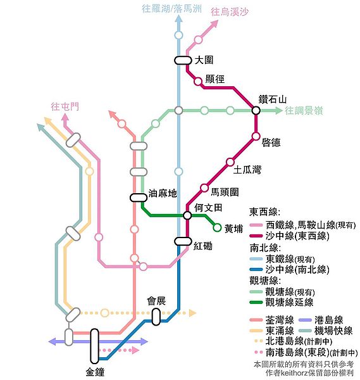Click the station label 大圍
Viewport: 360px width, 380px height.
tap(204, 60)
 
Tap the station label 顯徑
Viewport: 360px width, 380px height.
tap(216, 80)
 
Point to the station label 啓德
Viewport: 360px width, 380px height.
tap(271, 142)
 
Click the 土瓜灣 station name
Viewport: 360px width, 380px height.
tap(247, 169)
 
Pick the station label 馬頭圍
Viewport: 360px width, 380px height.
tap(224, 191)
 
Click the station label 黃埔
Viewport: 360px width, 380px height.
tap(233, 229)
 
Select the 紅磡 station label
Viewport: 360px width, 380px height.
tap(203, 245)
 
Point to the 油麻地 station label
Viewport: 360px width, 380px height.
tap(163, 193)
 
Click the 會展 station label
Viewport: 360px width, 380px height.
tap(156, 301)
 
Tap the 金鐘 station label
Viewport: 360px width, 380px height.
tap(96, 370)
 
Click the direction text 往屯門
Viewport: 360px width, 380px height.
tap(66, 106)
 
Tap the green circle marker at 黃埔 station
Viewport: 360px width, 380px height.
tap(217, 227)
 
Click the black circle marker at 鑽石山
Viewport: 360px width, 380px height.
tap(256, 110)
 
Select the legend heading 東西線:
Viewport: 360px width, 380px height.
tap(265, 212)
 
